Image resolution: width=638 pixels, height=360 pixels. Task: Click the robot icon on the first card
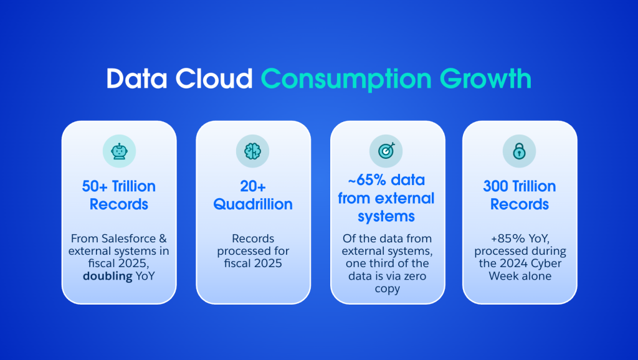click(x=119, y=151)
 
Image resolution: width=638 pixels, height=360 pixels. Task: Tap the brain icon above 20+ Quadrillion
click(x=253, y=151)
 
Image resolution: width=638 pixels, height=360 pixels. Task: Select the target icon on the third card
click(x=386, y=151)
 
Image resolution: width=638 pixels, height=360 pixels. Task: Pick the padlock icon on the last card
click(x=519, y=151)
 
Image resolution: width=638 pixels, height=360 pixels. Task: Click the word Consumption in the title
click(x=346, y=78)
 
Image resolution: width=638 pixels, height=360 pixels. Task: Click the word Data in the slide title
click(x=136, y=78)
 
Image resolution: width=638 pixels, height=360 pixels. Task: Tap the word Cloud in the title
click(x=214, y=78)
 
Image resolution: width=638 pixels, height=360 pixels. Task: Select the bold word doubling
click(x=108, y=276)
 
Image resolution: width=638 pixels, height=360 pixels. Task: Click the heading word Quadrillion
click(x=253, y=204)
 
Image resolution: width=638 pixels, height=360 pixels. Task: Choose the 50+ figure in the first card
click(x=95, y=186)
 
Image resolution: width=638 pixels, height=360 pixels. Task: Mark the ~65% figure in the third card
click(x=363, y=180)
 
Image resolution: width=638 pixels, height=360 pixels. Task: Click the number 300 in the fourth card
click(x=497, y=186)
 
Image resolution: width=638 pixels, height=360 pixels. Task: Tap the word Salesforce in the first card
click(x=123, y=239)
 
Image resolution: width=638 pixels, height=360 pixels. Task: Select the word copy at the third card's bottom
click(x=387, y=289)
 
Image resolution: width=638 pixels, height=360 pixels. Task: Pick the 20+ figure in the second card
click(x=253, y=186)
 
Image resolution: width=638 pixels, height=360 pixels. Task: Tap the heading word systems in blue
click(x=386, y=216)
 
